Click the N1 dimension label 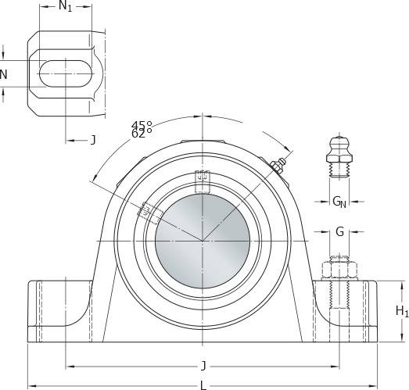pos(65,6)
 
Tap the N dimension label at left pos(3,75)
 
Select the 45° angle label pos(142,125)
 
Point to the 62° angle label pos(142,134)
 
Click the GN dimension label pos(339,202)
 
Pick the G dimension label pos(339,231)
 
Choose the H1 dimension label pos(402,311)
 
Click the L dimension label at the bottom pos(203,385)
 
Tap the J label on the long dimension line pos(203,366)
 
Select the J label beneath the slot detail pos(93,140)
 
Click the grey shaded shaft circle pos(203,241)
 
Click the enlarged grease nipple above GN pos(339,157)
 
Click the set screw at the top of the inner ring pos(203,181)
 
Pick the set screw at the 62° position pos(149,213)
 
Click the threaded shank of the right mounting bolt pos(339,295)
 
